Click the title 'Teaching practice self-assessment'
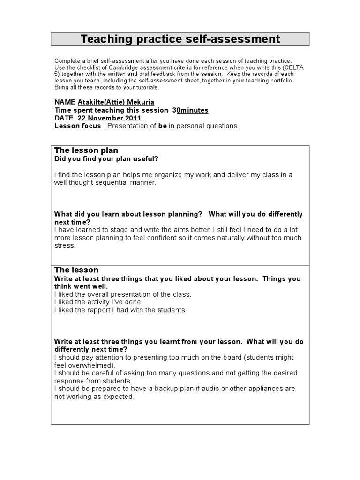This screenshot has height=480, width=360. pyautogui.click(x=180, y=39)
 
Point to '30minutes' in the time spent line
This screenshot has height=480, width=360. pyautogui.click(x=190, y=110)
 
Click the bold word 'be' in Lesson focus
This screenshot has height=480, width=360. pyautogui.click(x=163, y=126)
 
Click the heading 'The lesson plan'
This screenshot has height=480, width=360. pyautogui.click(x=86, y=150)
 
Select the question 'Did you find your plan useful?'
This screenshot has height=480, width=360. pyautogui.click(x=106, y=159)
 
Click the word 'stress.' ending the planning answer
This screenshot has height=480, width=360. pyautogui.click(x=65, y=246)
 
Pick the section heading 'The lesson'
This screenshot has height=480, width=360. pyautogui.click(x=76, y=270)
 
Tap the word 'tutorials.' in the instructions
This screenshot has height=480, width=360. pyautogui.click(x=143, y=87)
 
